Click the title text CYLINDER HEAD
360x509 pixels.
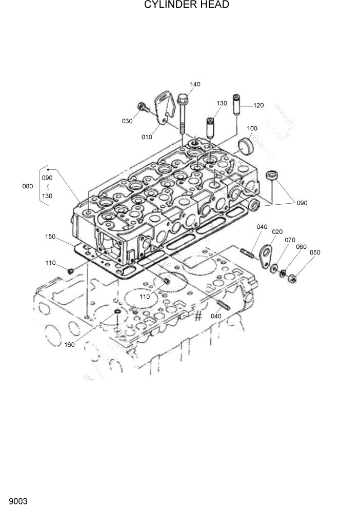pyautogui.click(x=179, y=5)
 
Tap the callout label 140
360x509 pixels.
pyautogui.click(x=195, y=84)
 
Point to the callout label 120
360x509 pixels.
pyautogui.click(x=258, y=105)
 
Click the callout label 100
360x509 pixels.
pyautogui.click(x=252, y=128)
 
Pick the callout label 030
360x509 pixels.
pyautogui.click(x=127, y=121)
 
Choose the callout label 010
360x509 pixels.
pyautogui.click(x=147, y=137)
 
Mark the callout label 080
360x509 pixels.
pyautogui.click(x=28, y=186)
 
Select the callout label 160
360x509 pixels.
pyautogui.click(x=70, y=344)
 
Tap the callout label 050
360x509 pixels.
pyautogui.click(x=315, y=252)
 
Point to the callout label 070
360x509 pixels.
pyautogui.click(x=290, y=240)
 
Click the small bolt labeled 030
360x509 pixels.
pyautogui.click(x=143, y=108)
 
